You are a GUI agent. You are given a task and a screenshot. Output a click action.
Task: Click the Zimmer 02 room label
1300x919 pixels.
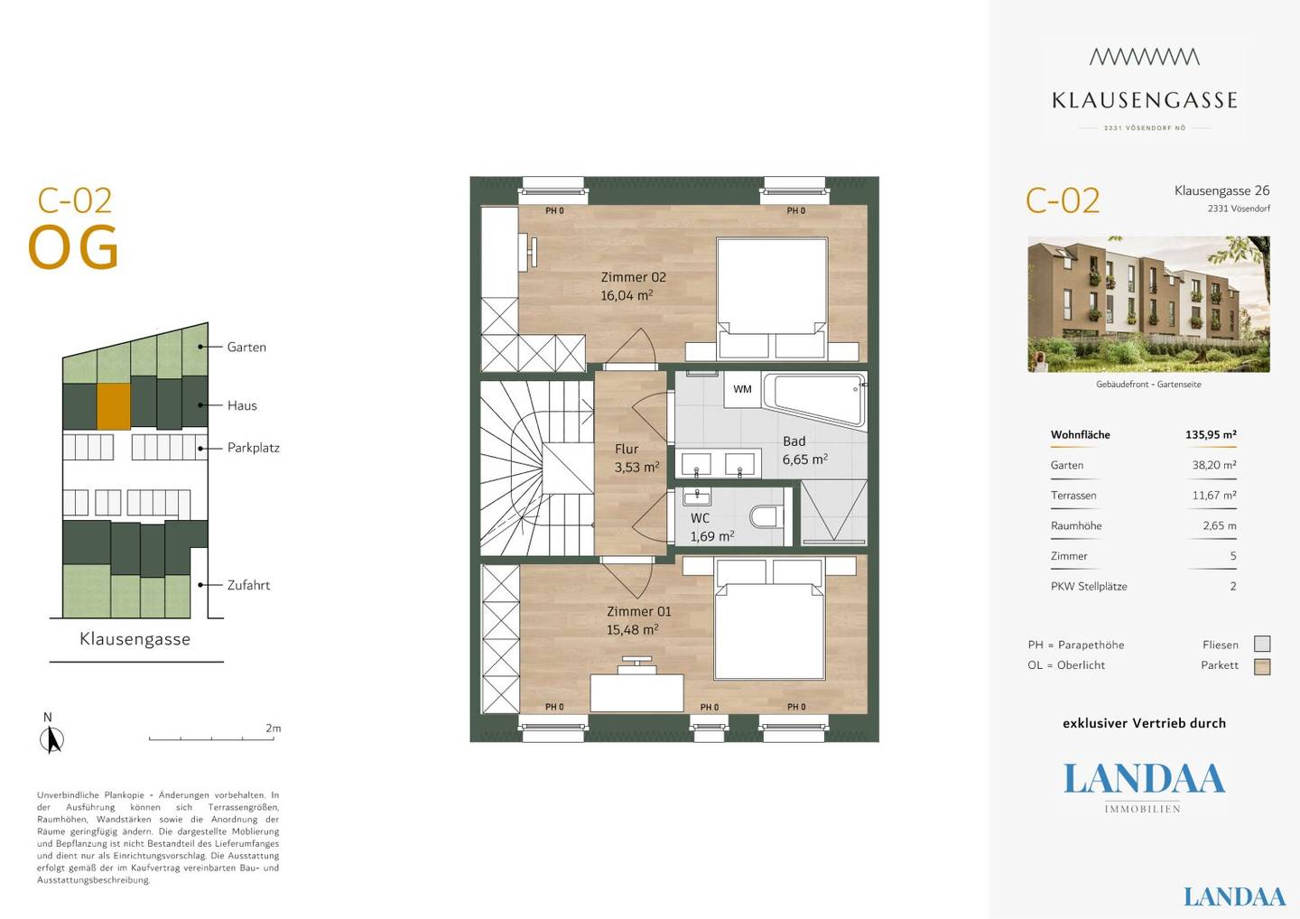tap(633, 277)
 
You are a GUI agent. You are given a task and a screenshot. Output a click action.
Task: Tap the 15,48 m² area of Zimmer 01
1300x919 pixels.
tap(632, 629)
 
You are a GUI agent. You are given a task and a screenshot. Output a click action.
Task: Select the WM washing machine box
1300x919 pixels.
tap(742, 389)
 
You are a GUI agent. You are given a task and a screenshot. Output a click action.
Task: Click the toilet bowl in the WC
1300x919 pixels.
tap(766, 517)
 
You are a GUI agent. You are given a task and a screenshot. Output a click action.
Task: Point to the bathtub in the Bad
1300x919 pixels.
tap(813, 400)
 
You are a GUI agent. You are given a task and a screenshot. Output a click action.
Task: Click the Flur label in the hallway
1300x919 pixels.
tap(627, 449)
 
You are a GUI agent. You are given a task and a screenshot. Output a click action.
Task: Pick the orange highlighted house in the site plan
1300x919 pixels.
tap(113, 406)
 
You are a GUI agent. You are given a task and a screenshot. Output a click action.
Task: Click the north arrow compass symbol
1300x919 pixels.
tap(51, 739)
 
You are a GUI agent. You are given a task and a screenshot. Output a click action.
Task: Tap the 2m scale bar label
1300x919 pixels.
tap(273, 729)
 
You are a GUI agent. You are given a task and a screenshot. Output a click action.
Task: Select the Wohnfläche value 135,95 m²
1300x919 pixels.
tap(1211, 434)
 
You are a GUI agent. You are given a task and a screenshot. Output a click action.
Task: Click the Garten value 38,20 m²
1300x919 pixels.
tap(1214, 465)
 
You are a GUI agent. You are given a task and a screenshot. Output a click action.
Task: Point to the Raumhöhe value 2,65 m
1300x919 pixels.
tap(1220, 525)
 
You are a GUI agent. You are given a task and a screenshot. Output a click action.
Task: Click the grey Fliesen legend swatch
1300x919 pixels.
tap(1262, 644)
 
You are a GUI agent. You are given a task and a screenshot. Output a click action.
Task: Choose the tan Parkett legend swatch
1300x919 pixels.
tap(1262, 666)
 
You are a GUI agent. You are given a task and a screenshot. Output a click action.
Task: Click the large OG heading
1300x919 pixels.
tap(73, 246)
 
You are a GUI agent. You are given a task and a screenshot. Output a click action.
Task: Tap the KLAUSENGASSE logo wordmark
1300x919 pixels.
tap(1145, 100)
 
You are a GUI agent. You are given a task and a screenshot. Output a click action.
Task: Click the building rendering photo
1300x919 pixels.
tap(1148, 304)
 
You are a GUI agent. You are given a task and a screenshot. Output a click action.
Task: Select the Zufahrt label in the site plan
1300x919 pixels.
tap(248, 585)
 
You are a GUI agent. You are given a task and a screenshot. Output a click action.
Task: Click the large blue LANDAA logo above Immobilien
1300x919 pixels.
tap(1144, 778)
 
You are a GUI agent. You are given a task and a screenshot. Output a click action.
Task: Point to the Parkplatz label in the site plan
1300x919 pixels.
tap(253, 448)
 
